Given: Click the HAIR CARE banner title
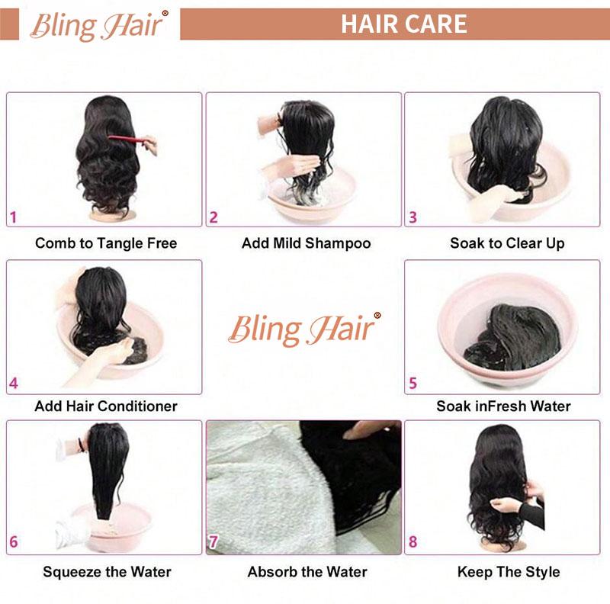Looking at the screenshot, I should pyautogui.click(x=403, y=24).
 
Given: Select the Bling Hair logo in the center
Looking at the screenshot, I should pyautogui.click(x=303, y=329).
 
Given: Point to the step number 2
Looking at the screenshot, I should pyautogui.click(x=213, y=217).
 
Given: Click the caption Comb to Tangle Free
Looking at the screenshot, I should pyautogui.click(x=106, y=243).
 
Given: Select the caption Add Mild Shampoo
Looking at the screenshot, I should pyautogui.click(x=306, y=243).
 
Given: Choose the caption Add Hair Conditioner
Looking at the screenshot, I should pyautogui.click(x=106, y=406).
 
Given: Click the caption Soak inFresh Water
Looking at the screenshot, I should pyautogui.click(x=503, y=406).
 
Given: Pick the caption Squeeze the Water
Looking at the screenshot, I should pyautogui.click(x=107, y=571).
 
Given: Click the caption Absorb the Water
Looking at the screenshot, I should pyautogui.click(x=307, y=571).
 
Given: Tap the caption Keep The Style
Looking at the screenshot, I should pyautogui.click(x=509, y=571).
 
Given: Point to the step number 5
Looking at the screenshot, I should pyautogui.click(x=413, y=384).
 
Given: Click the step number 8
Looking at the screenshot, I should pyautogui.click(x=413, y=543).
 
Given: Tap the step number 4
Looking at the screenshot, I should pyautogui.click(x=13, y=384).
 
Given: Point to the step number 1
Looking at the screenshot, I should pyautogui.click(x=13, y=217).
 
